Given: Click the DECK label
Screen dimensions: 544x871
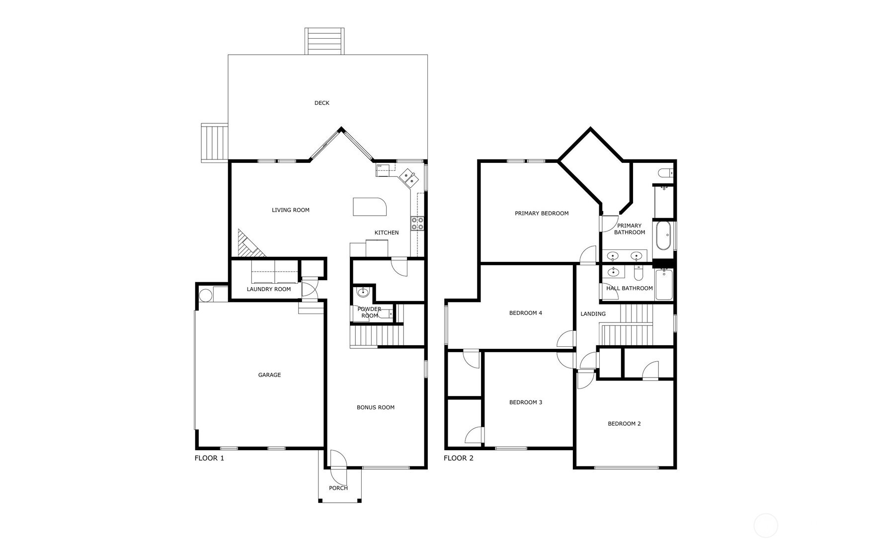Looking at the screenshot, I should [321, 103].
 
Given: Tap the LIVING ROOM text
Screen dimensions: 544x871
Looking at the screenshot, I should [290, 210].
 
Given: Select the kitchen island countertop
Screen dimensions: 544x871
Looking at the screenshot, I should [369, 207].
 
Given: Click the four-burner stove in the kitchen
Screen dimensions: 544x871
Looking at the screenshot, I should [417, 224].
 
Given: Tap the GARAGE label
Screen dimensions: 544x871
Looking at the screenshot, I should [269, 375].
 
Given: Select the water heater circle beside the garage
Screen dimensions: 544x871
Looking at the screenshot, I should [205, 295].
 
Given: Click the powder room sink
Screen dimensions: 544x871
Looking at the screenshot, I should [363, 292].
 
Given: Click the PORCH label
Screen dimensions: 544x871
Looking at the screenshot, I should [338, 488].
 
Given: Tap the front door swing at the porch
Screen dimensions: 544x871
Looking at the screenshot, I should [338, 467].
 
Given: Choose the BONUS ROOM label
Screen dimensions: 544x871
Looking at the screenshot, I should [375, 407].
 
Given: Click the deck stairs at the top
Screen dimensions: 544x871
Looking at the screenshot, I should [324, 42].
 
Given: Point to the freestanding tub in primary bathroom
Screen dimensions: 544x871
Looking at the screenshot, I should [663, 235].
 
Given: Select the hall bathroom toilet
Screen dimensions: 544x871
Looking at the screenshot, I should [639, 273].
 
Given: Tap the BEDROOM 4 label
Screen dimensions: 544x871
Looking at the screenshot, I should [525, 313].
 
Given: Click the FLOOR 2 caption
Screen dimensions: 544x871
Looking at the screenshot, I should [458, 458].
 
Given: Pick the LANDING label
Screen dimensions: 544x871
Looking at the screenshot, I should [593, 314].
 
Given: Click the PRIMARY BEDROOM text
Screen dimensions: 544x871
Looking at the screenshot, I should [541, 214].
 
